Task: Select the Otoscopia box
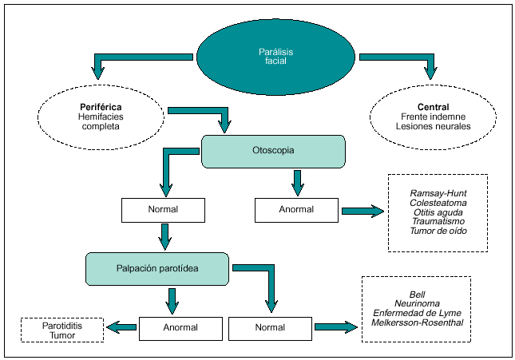tap(273, 150)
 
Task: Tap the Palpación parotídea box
tap(157, 269)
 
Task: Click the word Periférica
tap(100, 106)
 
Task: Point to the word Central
tap(432, 107)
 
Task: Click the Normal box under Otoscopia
tap(163, 210)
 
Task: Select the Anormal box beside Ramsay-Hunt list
tap(296, 210)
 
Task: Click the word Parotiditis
tap(61, 326)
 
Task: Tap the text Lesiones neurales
tap(432, 126)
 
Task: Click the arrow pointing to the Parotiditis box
tap(121, 326)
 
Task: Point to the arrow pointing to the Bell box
tap(335, 326)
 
